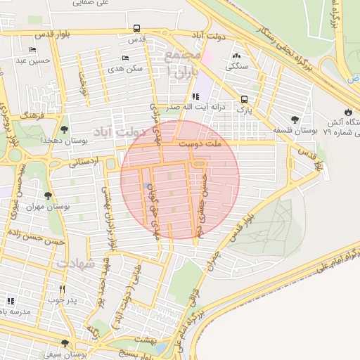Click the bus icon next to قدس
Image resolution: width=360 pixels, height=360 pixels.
[x=136, y=30]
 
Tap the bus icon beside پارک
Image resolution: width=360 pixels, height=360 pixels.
[x=244, y=99]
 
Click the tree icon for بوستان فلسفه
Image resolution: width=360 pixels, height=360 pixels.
[x=295, y=120]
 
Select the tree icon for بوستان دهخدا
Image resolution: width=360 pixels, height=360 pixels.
[x=65, y=129]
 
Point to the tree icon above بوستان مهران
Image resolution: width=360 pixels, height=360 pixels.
[x=48, y=196]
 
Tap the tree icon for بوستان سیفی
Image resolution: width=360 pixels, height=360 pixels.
[x=65, y=343]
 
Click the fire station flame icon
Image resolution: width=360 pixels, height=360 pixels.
[x=348, y=112]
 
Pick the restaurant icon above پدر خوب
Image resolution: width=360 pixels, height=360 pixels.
[x=62, y=289]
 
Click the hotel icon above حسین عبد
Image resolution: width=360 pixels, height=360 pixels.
[x=32, y=50]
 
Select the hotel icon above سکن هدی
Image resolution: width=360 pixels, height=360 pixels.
[x=125, y=58]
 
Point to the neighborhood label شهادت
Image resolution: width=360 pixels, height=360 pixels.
[x=75, y=263]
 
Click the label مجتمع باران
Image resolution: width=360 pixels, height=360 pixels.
[x=185, y=63]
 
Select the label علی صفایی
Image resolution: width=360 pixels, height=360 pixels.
[x=92, y=4]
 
